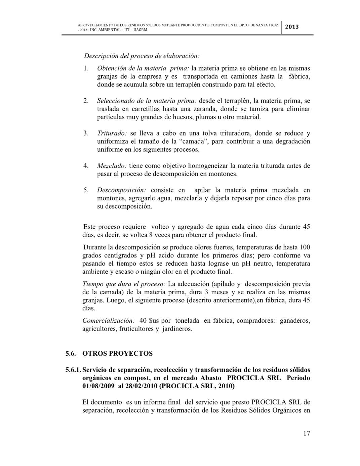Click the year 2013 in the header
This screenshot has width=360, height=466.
coord(292,27)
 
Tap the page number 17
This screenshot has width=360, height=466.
coord(306,433)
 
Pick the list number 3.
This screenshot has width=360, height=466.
coord(86,133)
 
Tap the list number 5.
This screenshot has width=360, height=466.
coord(86,190)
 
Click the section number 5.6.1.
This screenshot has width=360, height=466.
coord(73,370)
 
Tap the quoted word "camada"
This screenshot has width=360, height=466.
coord(191,141)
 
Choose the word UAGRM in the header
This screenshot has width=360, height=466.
coord(140,30)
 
